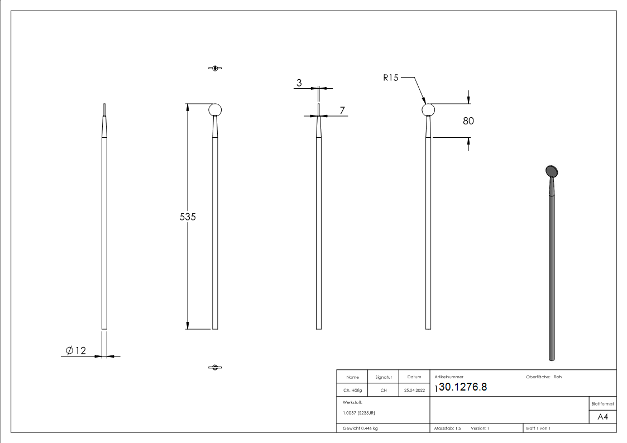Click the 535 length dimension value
[x=188, y=217]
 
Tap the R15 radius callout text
[x=391, y=78]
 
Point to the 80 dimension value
[x=468, y=121]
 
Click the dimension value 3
[x=299, y=83]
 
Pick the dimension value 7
[x=342, y=110]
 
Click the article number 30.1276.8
[x=462, y=387]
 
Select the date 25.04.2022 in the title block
[x=414, y=391]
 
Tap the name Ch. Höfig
[x=352, y=391]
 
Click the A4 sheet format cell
[x=602, y=416]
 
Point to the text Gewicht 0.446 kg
[x=361, y=428]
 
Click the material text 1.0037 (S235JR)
[x=358, y=413]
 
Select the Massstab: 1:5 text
[x=447, y=428]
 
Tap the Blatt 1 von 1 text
[x=538, y=428]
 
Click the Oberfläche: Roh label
[x=544, y=377]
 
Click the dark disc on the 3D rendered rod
[x=552, y=171]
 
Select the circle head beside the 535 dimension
[x=216, y=109]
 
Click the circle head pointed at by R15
[x=428, y=109]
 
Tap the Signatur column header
[x=383, y=377]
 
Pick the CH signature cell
[x=383, y=391]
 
